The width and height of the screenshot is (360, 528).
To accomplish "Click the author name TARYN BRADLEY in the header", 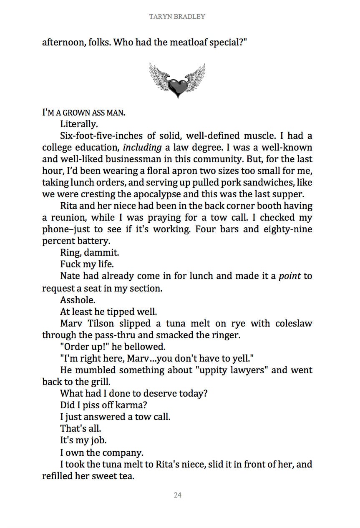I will coord(177,17).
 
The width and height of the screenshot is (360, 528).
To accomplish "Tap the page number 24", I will coord(177,495).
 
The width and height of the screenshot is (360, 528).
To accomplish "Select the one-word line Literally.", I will coord(79,124).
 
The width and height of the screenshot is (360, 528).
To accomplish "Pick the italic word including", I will coord(142,148).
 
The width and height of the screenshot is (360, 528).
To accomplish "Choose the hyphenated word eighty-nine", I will coord(288,229).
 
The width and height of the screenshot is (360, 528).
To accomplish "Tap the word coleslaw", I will coord(293,323).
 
